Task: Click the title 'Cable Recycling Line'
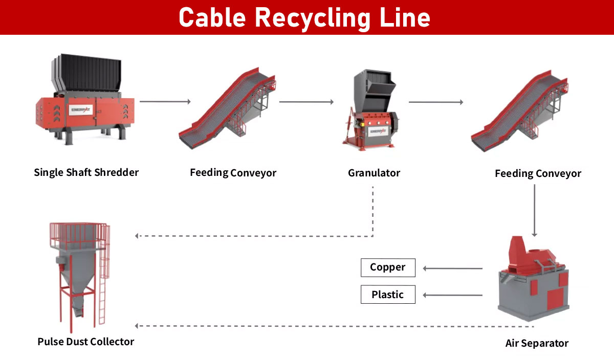click(x=304, y=17)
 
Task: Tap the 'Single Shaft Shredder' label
click(x=86, y=172)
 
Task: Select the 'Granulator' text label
click(x=374, y=173)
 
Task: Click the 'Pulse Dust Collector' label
click(x=85, y=341)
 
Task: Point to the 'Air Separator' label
click(x=536, y=343)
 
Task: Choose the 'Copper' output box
click(x=388, y=267)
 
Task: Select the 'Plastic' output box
click(x=388, y=295)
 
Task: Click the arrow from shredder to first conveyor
click(x=165, y=101)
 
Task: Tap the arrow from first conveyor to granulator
click(x=305, y=102)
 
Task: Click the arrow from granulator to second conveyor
click(x=436, y=102)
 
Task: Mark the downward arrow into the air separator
click(x=535, y=210)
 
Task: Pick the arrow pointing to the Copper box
click(x=452, y=268)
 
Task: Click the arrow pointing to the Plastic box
click(x=452, y=295)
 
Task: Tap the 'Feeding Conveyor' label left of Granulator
click(x=233, y=173)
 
